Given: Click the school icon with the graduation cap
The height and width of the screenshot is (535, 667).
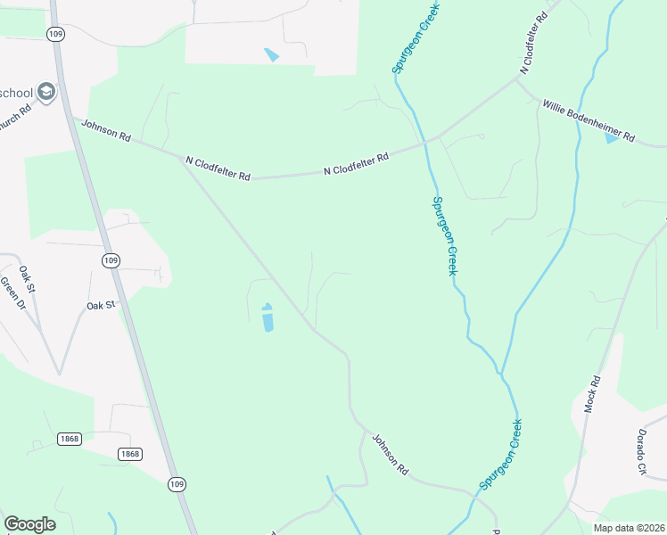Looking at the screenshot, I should [46, 91].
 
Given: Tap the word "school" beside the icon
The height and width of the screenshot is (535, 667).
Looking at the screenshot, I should [17, 93].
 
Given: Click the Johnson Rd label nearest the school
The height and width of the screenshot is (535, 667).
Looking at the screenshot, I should [106, 130].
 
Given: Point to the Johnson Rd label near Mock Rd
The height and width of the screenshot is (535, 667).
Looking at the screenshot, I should [390, 454].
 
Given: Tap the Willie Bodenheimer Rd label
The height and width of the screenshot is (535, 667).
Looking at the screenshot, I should [588, 121].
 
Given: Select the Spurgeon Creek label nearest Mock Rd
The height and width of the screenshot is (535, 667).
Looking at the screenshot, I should [501, 454].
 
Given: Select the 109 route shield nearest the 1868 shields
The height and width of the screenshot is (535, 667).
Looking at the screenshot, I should [177, 484].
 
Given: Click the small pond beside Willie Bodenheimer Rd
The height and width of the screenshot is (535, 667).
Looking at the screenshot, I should [611, 138].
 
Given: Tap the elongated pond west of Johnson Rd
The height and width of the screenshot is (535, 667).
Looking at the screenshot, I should [267, 318].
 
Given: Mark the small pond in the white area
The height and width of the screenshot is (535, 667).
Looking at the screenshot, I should [271, 54].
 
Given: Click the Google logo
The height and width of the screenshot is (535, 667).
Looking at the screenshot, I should [29, 524].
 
